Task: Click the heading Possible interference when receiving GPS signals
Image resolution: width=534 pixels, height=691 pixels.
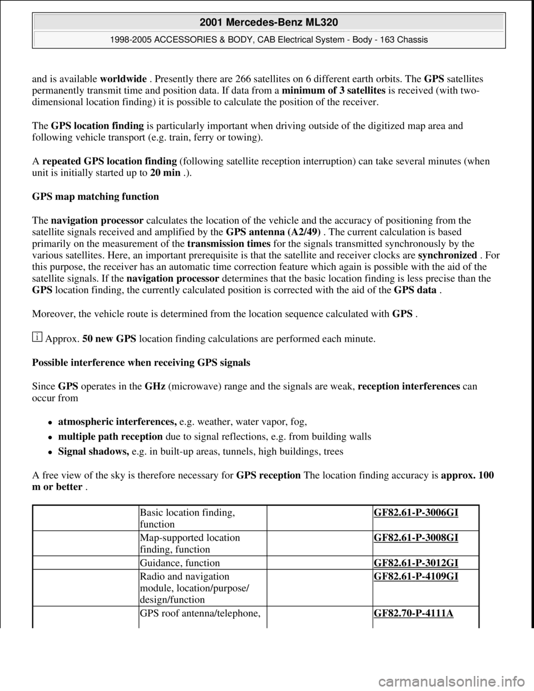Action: click(x=141, y=362)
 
